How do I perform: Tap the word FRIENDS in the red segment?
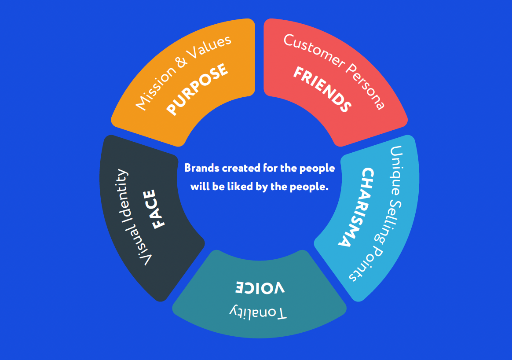(x=322, y=89)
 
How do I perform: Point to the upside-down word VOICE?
(x=260, y=287)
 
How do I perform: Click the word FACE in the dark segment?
(x=158, y=209)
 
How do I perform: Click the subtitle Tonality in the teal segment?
(x=258, y=312)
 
